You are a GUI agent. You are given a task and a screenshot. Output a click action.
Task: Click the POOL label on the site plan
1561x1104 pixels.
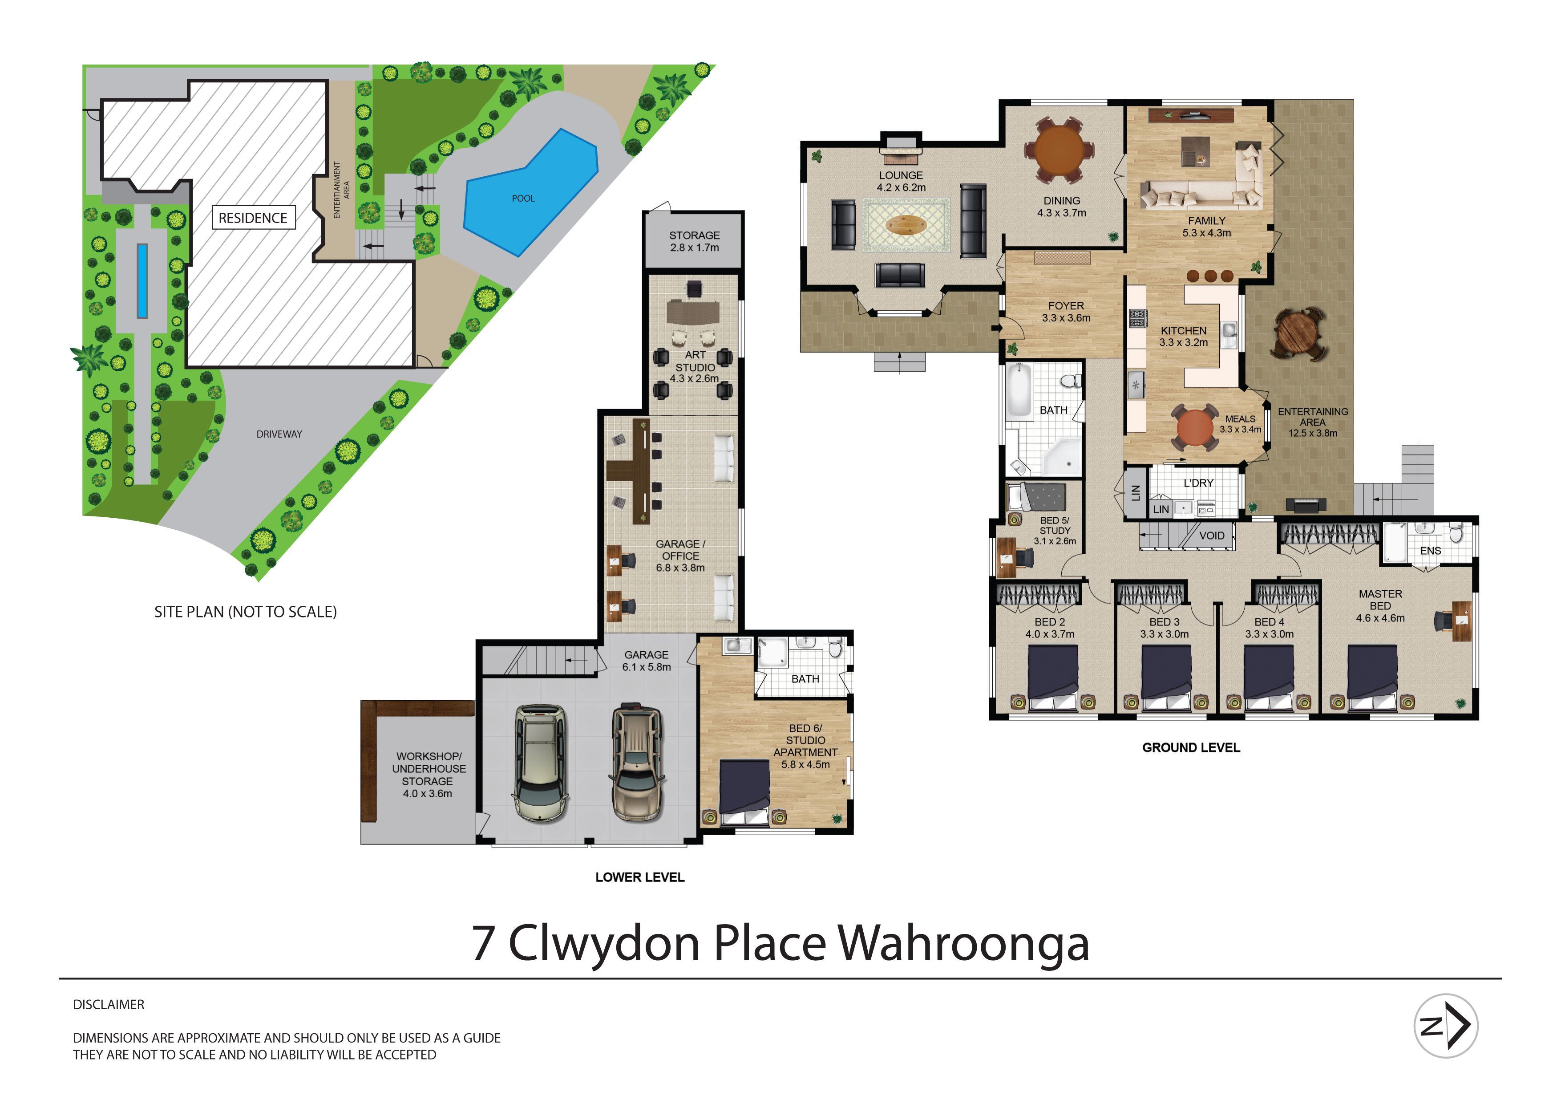coord(523,199)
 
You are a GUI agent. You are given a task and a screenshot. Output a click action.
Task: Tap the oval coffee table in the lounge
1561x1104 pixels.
coord(906,225)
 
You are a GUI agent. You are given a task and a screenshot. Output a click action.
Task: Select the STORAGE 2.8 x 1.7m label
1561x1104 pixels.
coord(694,241)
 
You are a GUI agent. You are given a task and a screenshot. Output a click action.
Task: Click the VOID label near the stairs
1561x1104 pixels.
coord(1212,536)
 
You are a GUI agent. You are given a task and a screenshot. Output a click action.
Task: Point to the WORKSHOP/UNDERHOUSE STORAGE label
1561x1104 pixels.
coord(429,775)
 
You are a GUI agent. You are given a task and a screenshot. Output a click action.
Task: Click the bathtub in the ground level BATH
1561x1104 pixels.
coord(1019,390)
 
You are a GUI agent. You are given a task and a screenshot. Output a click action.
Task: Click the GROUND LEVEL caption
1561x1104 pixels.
coord(1191,747)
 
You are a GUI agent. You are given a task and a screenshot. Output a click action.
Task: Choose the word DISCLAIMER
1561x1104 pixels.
coord(109,1005)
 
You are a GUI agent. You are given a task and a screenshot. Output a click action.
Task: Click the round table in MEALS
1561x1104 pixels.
coord(1194,428)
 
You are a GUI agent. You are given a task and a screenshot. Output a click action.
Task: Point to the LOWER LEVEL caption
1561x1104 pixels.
coord(640,877)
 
